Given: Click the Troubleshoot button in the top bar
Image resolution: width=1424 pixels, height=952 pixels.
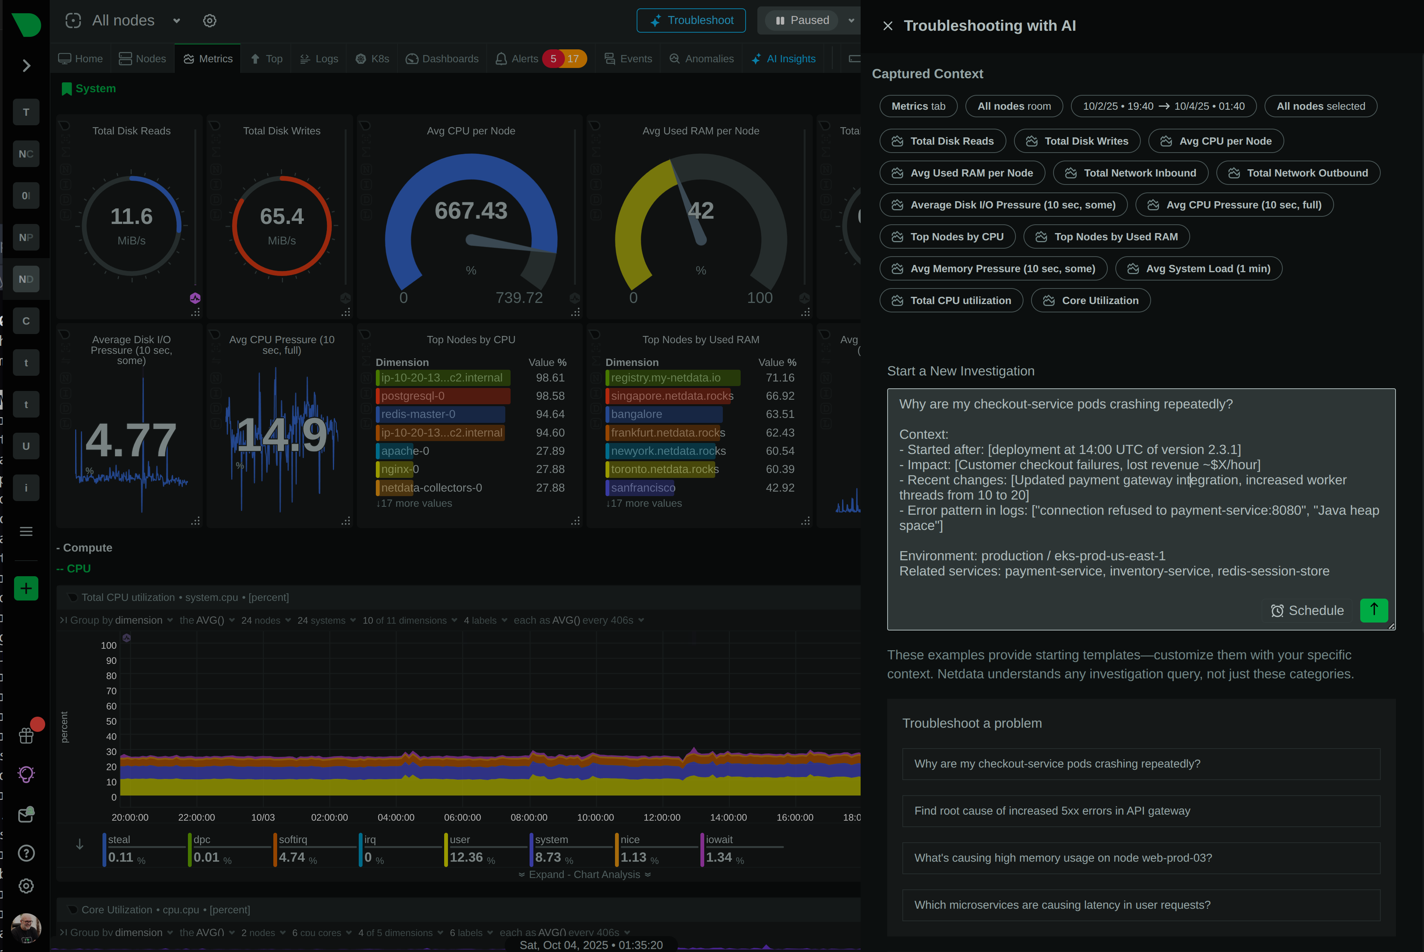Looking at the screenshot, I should pyautogui.click(x=691, y=20).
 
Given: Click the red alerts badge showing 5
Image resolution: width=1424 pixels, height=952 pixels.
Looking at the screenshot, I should pyautogui.click(x=553, y=59).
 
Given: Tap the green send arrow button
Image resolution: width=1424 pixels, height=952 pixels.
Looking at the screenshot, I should pyautogui.click(x=1374, y=610).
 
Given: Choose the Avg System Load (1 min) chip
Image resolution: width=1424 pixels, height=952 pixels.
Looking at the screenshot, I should pyautogui.click(x=1199, y=268).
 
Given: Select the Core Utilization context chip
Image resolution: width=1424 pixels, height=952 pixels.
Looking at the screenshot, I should pyautogui.click(x=1091, y=301).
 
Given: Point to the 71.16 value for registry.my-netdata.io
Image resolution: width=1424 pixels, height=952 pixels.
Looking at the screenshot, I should pyautogui.click(x=780, y=378).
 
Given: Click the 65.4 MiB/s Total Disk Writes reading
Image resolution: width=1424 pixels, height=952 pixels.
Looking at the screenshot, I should pyautogui.click(x=282, y=217).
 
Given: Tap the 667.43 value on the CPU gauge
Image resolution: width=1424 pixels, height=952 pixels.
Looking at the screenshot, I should pyautogui.click(x=471, y=211).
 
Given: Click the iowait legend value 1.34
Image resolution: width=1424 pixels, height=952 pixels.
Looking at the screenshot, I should pyautogui.click(x=719, y=857).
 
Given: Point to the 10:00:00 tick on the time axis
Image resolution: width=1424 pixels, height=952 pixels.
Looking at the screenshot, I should pyautogui.click(x=595, y=817).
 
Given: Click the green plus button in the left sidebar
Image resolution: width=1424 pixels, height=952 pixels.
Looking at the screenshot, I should pyautogui.click(x=26, y=588).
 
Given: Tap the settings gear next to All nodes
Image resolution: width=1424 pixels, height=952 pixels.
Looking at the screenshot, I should pyautogui.click(x=210, y=20).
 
